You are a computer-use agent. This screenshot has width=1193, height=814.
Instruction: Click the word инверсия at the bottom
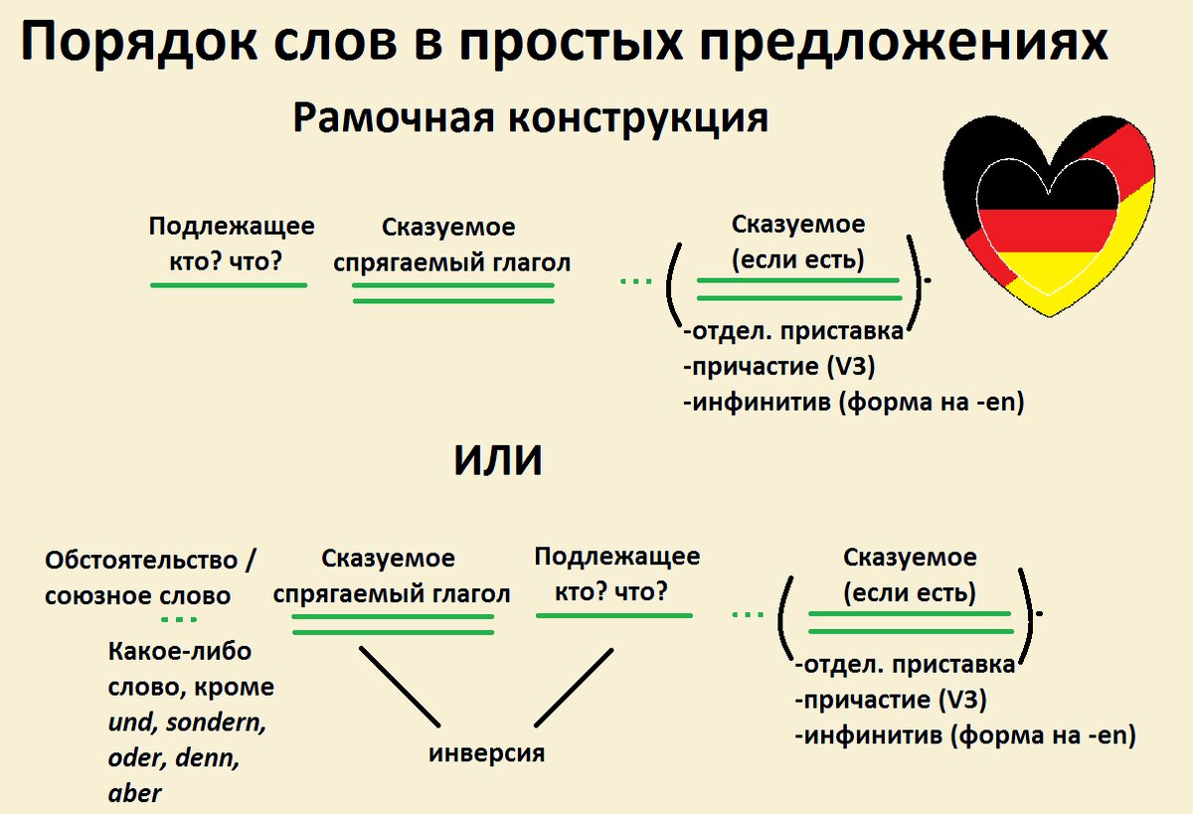coord(487,752)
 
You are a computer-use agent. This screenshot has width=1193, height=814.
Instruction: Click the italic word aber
coord(134,793)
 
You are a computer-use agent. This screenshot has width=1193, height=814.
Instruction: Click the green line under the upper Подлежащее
coord(229,285)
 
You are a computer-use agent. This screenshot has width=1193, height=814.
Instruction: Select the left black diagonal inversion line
coord(399,686)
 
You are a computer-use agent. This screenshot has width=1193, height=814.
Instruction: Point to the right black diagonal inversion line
coord(575,687)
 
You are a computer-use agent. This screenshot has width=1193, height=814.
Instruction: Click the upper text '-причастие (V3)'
coord(778,367)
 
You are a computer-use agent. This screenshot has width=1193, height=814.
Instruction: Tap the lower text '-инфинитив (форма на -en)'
coord(964,736)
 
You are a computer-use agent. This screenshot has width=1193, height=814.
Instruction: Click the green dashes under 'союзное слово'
coord(179,620)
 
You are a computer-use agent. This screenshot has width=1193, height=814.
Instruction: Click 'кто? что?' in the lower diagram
coord(614,590)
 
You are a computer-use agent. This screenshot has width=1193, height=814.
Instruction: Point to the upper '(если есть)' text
coord(797,260)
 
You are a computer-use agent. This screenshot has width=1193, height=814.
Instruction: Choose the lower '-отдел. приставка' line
coord(906,664)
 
